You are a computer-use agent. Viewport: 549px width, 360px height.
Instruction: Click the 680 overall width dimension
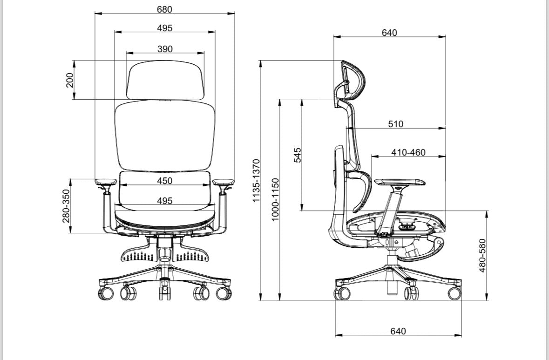(x=164, y=9)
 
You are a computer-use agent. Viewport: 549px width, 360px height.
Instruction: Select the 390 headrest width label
(x=165, y=49)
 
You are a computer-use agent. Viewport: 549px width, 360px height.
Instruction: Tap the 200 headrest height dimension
(x=70, y=80)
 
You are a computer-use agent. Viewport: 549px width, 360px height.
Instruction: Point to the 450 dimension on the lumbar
(x=165, y=181)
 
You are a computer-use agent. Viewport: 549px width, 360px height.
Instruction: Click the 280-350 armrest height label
(x=66, y=206)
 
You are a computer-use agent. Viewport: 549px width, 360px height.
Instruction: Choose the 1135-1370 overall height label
(x=257, y=180)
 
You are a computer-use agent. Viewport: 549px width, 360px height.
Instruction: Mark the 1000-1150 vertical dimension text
(x=276, y=199)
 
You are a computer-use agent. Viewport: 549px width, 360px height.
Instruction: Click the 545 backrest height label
(x=297, y=155)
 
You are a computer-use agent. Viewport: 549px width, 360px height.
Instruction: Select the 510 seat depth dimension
(x=396, y=124)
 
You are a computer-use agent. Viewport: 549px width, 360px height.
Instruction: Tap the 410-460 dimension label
(x=408, y=152)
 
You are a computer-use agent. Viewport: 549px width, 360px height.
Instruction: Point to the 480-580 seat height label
(x=482, y=255)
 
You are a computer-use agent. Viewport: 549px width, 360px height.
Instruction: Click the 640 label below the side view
(x=398, y=331)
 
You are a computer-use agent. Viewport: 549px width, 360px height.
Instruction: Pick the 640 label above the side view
(x=389, y=33)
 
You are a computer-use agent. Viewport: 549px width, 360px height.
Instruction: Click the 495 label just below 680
(x=164, y=28)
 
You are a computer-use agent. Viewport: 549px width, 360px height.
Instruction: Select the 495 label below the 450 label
(x=164, y=201)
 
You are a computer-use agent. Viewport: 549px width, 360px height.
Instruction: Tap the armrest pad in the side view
(x=400, y=182)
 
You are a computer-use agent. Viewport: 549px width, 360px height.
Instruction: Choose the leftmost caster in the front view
(x=106, y=293)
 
